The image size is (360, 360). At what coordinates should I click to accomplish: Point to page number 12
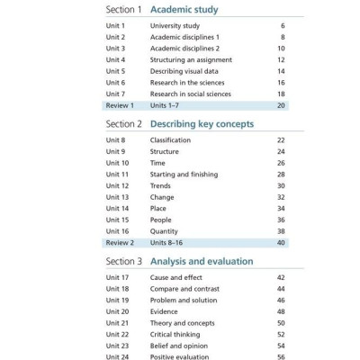click(x=281, y=60)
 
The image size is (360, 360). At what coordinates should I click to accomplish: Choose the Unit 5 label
click(x=117, y=71)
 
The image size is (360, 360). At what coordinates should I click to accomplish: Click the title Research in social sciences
click(x=190, y=94)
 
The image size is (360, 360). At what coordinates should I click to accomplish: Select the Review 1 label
click(x=120, y=105)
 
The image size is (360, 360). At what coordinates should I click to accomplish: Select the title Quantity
click(x=165, y=231)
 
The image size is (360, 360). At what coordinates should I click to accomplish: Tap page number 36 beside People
click(x=281, y=220)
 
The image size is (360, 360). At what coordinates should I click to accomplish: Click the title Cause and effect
click(x=177, y=278)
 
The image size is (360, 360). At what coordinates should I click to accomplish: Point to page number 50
click(x=281, y=323)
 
